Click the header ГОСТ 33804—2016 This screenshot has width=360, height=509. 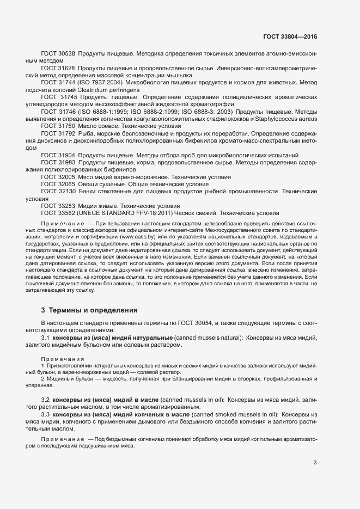290,36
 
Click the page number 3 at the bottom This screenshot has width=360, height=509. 315,463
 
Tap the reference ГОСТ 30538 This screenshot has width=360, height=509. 58,54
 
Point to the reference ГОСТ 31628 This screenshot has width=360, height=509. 58,69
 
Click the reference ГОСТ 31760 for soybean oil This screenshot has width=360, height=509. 58,125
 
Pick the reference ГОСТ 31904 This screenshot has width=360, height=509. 58,154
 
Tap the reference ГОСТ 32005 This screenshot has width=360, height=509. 58,177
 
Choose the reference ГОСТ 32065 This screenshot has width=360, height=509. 58,185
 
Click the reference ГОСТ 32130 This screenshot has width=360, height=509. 58,192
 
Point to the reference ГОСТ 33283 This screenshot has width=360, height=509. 58,206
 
